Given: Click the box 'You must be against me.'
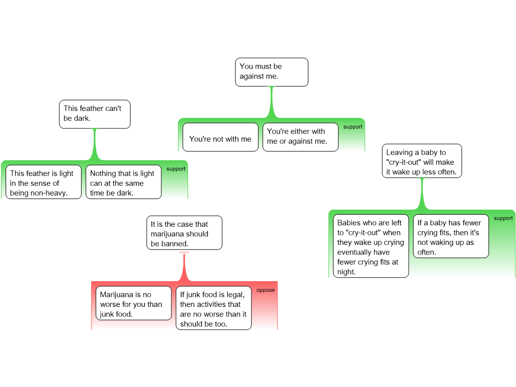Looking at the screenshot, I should point(272,72).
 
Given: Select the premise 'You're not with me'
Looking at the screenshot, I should point(220,137).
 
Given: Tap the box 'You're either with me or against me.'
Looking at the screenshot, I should point(300,137).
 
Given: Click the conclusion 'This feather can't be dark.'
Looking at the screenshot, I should point(95,114).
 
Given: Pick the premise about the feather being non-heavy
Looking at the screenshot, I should point(43,182).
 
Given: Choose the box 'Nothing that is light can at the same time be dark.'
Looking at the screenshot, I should point(123,182).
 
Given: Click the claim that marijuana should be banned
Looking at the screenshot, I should point(184,233).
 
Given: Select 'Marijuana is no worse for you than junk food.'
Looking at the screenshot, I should point(134,304).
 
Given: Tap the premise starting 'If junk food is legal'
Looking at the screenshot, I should point(214,308).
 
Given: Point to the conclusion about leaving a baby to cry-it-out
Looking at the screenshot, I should point(422,162).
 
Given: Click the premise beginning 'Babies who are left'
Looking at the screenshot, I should point(371,246).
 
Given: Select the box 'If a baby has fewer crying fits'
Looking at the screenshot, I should point(451,237).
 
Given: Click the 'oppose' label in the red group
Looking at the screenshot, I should point(266,290).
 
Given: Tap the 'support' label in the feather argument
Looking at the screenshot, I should point(176,169).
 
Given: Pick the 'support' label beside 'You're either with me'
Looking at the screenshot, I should point(353,127).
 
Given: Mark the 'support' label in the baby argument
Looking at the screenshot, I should point(503,219).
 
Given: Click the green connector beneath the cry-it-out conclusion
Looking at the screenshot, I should point(422,194).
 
